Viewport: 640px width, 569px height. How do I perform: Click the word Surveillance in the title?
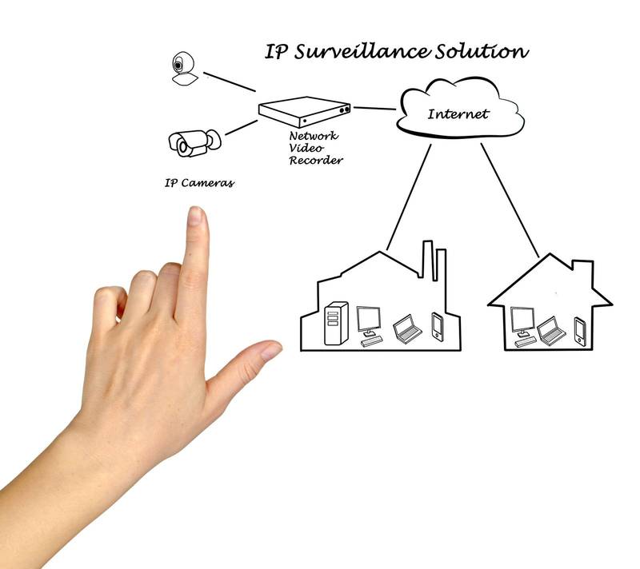point(362,51)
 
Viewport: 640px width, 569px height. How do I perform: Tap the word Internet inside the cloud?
point(458,113)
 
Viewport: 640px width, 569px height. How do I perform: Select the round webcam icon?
point(185,69)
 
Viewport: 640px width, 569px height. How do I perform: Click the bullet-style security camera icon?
point(194,143)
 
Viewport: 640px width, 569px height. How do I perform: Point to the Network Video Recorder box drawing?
point(305,112)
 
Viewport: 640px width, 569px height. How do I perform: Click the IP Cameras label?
point(199,183)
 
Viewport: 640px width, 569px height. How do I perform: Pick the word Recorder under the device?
point(316,160)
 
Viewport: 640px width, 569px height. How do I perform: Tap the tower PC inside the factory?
point(336,324)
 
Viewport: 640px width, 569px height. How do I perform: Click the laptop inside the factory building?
point(407,329)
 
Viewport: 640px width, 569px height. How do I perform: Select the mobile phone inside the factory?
point(438,327)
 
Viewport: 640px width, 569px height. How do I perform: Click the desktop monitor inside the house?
point(523,327)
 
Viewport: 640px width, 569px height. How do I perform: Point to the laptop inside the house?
point(551,331)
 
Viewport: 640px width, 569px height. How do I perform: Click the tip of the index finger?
point(196,208)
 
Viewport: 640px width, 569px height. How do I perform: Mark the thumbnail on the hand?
point(271,350)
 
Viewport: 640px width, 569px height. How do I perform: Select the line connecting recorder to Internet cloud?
point(374,109)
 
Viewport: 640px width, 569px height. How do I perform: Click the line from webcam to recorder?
point(230,82)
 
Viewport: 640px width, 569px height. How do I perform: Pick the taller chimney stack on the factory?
point(427,261)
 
